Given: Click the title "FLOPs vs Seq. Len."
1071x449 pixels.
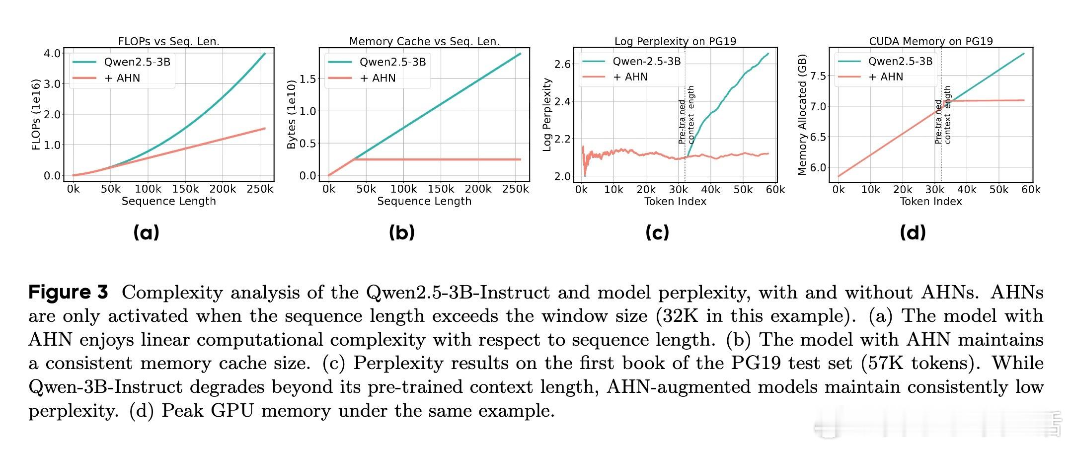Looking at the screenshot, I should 168,41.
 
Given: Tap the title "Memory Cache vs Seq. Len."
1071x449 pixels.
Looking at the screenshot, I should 424,41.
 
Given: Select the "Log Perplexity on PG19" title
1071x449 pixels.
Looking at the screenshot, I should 675,41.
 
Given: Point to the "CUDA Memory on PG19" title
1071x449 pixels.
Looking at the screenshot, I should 930,41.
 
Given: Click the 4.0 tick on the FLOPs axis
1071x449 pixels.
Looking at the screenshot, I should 52,53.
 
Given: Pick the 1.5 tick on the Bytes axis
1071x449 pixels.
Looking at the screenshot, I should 308,79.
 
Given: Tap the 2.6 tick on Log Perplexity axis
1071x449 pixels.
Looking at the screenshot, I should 563,64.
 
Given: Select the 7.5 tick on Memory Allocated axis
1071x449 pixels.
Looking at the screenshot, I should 819,76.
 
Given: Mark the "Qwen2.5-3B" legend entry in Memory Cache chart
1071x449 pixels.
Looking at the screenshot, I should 392,62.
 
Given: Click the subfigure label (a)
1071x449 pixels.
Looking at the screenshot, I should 146,232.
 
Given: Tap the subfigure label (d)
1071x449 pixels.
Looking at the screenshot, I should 913,232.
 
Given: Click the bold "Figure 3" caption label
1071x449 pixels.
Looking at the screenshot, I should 68,292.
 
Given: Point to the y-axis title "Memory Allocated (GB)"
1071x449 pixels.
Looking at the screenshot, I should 802,114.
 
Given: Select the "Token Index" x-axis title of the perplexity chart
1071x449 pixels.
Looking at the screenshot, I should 675,201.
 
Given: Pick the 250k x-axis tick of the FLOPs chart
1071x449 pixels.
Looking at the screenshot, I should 260,189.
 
